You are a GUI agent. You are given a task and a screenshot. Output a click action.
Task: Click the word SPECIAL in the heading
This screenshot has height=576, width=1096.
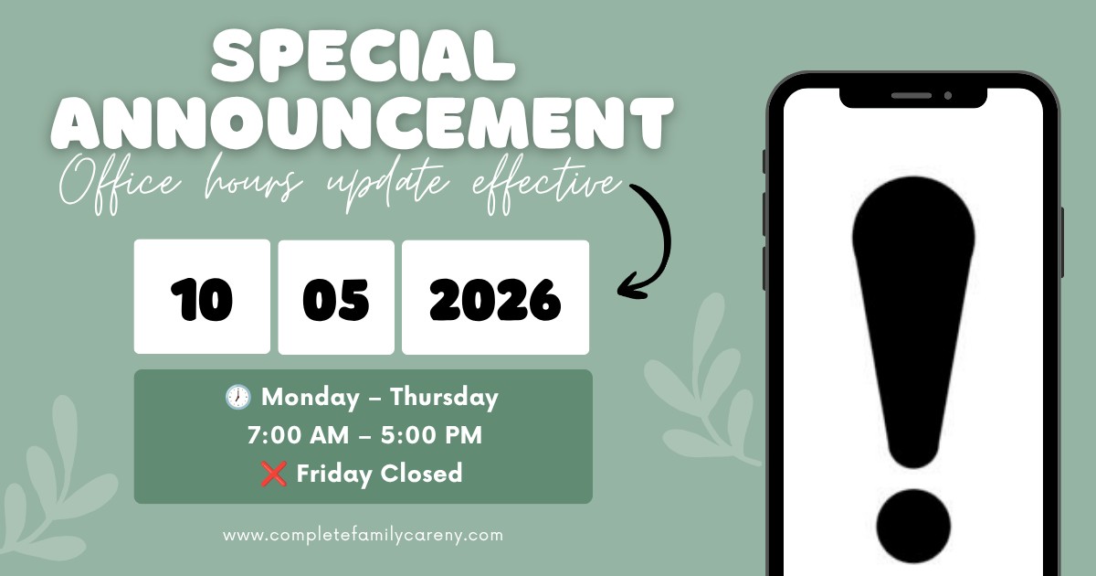pos(364,56)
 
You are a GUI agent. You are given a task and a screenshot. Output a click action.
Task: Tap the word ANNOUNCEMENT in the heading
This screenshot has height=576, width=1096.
pos(362,123)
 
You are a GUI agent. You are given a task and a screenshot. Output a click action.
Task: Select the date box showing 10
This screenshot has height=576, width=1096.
pos(202,296)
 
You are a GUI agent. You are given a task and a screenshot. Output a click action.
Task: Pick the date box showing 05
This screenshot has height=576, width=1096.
pos(336,297)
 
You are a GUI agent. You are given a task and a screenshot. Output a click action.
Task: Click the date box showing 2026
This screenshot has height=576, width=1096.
pos(496,297)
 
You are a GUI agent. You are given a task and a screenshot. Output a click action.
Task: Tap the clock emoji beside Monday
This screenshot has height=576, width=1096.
pos(238,397)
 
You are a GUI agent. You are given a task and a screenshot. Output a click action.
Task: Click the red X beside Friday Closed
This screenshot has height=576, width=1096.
pos(273,474)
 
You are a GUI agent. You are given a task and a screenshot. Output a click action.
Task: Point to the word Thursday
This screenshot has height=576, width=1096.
pos(444,398)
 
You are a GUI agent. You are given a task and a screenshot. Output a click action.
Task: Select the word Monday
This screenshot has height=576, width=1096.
pos(311,397)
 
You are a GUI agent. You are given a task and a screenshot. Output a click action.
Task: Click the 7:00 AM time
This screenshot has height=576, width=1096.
pos(298,435)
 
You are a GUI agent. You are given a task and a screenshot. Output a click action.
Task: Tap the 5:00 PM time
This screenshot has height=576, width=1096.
pos(431,435)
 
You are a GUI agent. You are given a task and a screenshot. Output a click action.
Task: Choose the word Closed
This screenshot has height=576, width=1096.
pos(421,474)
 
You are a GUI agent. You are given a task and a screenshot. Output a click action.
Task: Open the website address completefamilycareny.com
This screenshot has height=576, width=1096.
pos(364,535)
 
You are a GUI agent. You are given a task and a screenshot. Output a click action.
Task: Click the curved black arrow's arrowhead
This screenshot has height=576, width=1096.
pos(631,287)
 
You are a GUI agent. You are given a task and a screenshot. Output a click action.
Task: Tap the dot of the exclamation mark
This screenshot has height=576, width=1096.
pos(913,527)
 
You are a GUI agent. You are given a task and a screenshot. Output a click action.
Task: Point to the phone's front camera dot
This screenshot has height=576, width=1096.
pos(948,95)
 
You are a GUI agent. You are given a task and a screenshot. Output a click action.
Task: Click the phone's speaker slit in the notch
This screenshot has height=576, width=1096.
pos(912,95)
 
